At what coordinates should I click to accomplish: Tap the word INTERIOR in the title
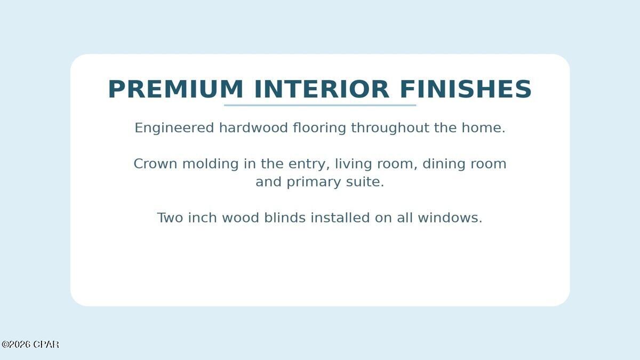click(322, 89)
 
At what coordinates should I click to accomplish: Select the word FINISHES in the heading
click(466, 89)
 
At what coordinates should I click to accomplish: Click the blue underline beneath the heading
click(320, 105)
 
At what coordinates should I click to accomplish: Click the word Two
click(170, 218)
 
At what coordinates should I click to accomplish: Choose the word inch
click(203, 218)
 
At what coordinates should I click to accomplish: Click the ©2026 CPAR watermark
click(30, 345)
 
